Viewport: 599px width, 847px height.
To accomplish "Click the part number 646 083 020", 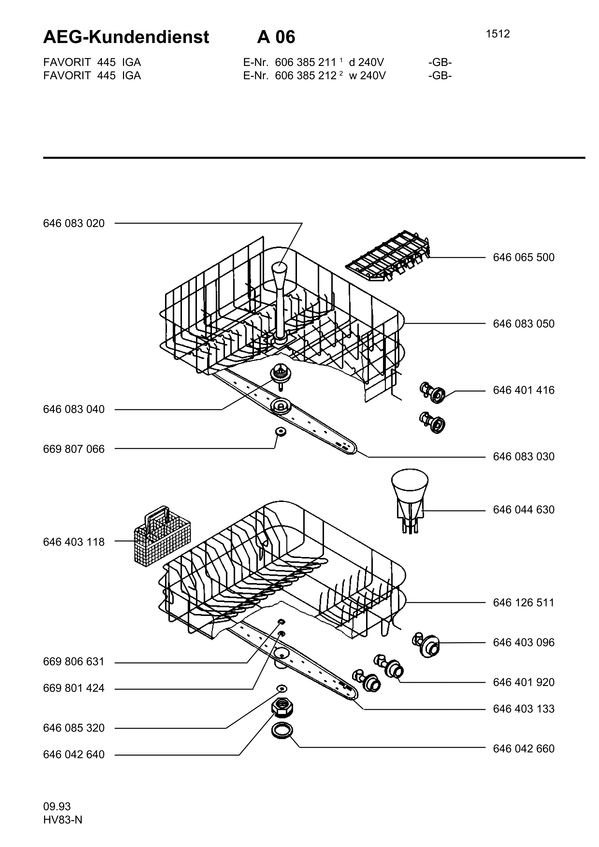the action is coord(74,224).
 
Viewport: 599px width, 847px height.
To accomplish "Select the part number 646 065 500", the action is coord(524,257).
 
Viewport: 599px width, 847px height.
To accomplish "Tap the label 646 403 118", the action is coord(74,542).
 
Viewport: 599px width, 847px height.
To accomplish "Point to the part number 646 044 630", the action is coord(524,510).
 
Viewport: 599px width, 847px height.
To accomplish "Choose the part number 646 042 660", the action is coord(524,749).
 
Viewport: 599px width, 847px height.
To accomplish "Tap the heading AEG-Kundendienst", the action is coord(126,37).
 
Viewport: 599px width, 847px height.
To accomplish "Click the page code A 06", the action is coord(276,37).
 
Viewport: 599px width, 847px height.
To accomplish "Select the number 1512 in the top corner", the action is coord(498,34).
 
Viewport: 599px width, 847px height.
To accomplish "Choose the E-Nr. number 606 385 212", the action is coord(306,76).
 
